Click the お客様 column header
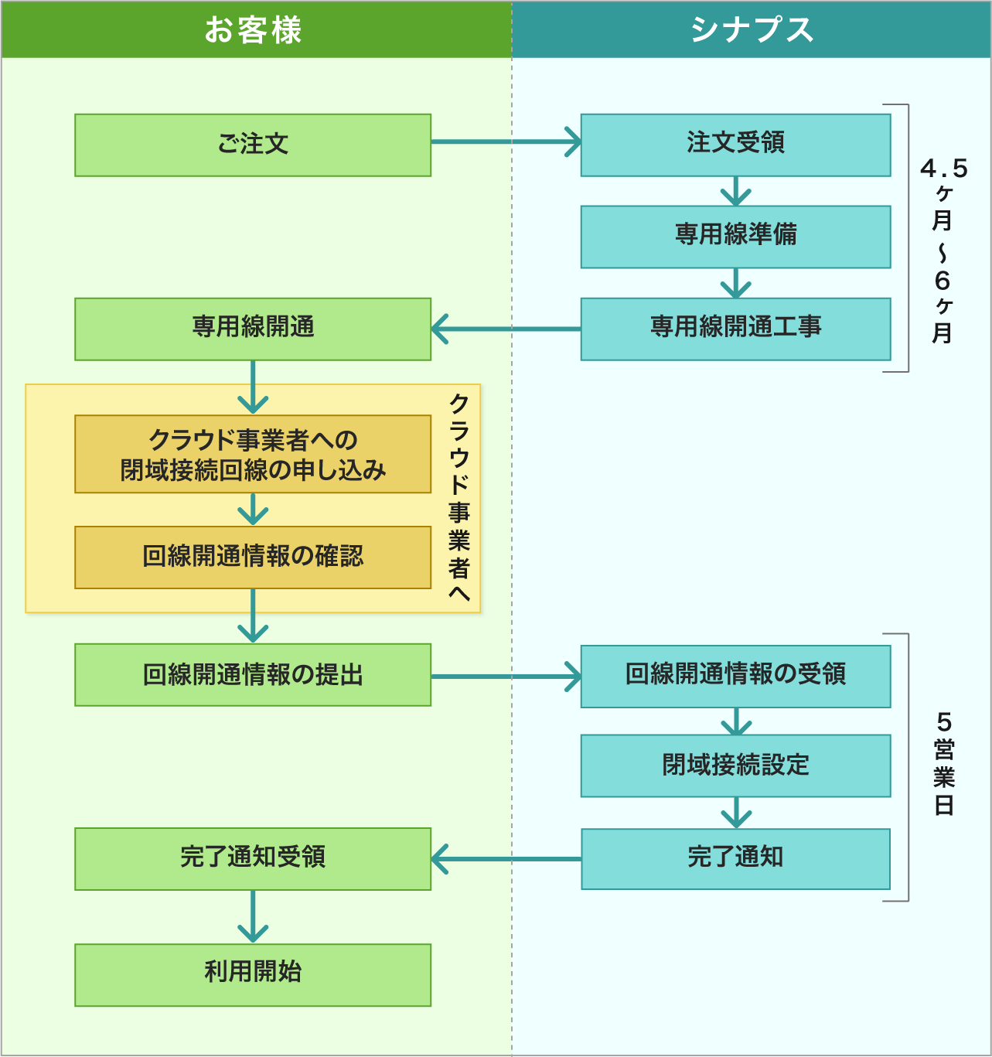click(254, 30)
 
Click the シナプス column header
click(751, 30)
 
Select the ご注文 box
click(253, 145)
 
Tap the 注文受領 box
click(735, 145)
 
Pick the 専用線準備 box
click(735, 236)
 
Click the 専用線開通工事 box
click(735, 329)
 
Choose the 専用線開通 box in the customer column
click(253, 329)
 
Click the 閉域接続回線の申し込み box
click(253, 454)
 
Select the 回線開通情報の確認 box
click(253, 557)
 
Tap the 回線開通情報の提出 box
click(253, 674)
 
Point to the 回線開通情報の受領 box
click(735, 676)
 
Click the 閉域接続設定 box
click(735, 765)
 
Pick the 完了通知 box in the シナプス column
click(735, 858)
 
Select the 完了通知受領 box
click(253, 858)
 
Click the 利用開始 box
click(253, 974)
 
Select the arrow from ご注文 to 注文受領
click(506, 142)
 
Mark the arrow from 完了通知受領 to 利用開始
click(253, 917)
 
